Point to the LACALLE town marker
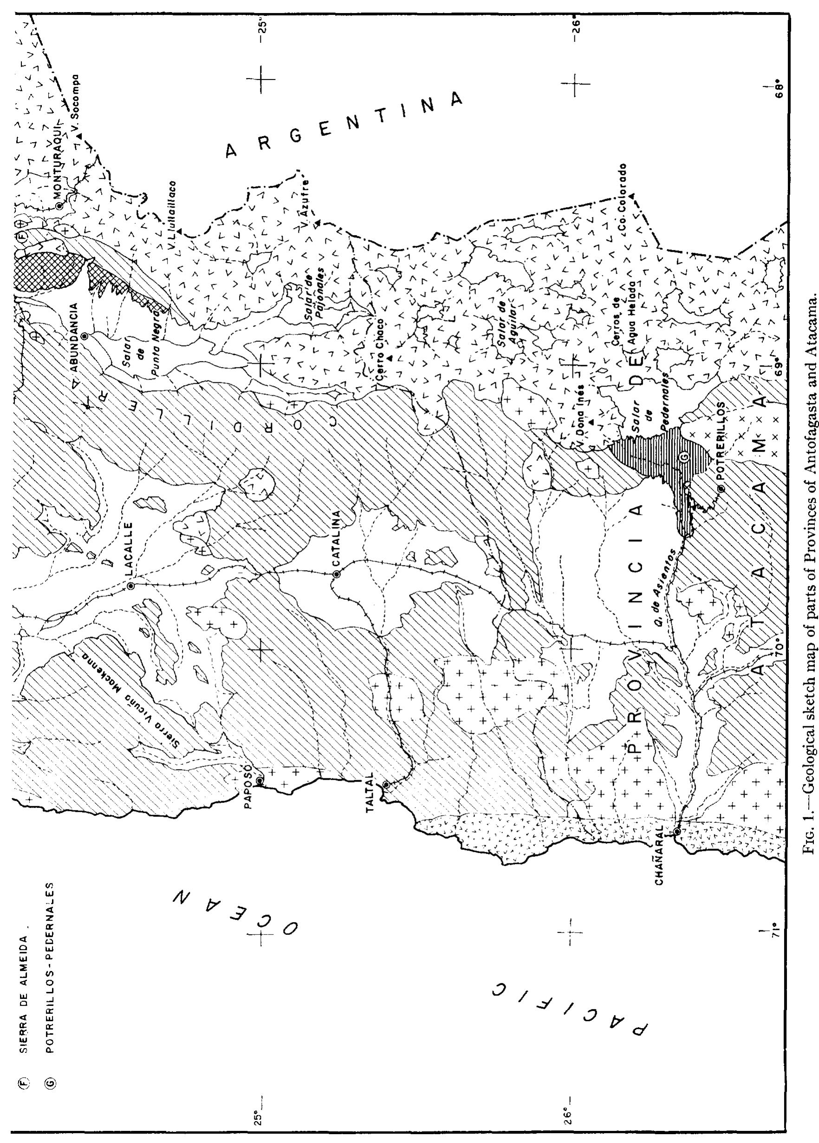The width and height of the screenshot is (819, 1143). (x=130, y=586)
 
